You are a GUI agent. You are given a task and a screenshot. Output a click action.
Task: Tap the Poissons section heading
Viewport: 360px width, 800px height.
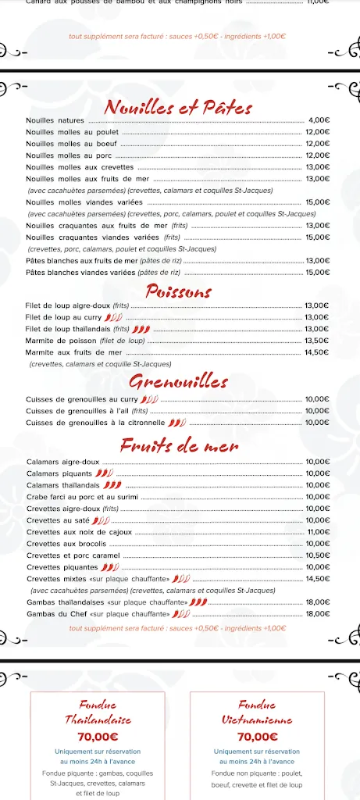pyautogui.click(x=179, y=291)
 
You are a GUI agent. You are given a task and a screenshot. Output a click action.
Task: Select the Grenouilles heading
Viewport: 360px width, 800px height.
pyautogui.click(x=179, y=382)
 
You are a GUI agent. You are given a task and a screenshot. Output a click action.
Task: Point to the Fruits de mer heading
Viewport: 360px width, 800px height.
pyautogui.click(x=179, y=445)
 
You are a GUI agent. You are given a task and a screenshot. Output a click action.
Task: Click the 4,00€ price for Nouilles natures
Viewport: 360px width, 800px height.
pyautogui.click(x=319, y=120)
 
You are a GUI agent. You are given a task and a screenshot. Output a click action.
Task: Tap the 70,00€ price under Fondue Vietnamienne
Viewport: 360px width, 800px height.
pyautogui.click(x=257, y=736)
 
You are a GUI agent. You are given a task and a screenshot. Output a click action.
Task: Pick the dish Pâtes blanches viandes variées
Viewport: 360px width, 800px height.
pyautogui.click(x=102, y=272)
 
